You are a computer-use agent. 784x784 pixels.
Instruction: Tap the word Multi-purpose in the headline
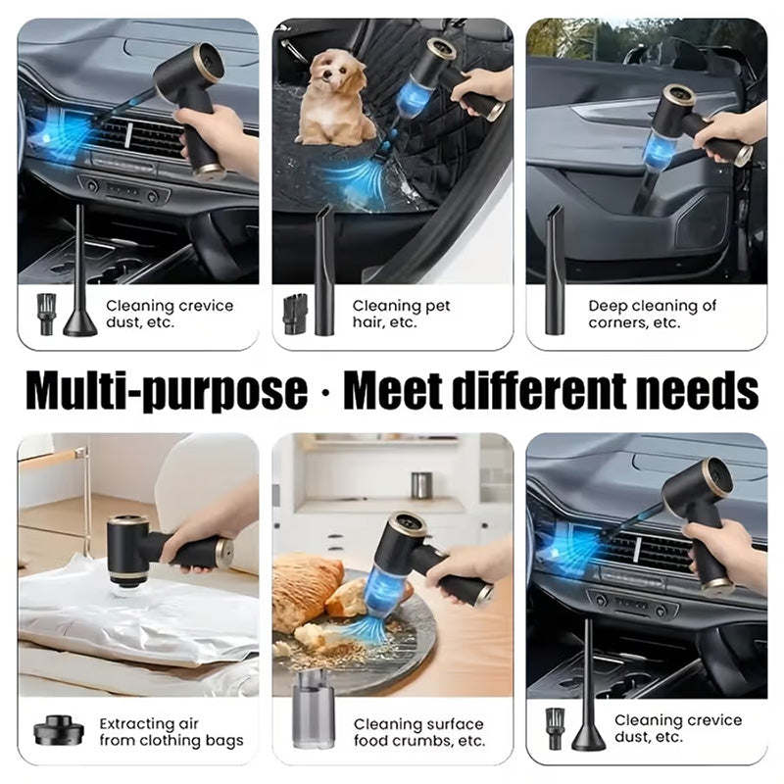pos(167,390)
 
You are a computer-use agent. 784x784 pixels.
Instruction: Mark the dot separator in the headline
pos(326,393)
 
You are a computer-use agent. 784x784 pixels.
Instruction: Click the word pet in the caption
pos(436,306)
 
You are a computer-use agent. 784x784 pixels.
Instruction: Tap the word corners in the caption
pos(618,323)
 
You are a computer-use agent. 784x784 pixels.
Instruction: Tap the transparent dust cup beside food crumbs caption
pos(313,710)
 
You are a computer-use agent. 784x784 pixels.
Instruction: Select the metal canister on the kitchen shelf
pos(421,485)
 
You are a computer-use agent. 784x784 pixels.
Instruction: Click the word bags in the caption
pos(224,742)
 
